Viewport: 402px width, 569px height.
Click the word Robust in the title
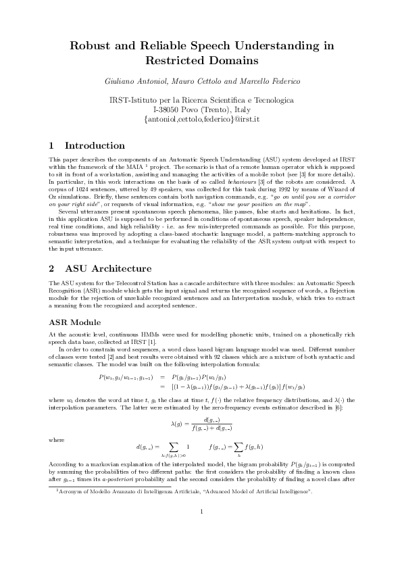point(96,46)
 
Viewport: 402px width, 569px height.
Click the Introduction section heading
point(94,145)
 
